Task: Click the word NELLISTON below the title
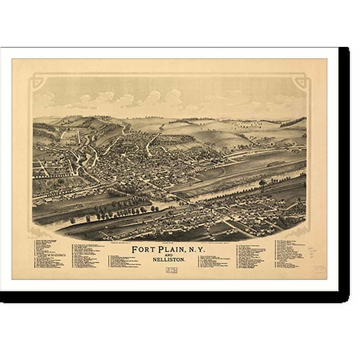169,261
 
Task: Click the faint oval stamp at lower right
319,270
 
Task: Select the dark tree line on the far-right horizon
294,122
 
